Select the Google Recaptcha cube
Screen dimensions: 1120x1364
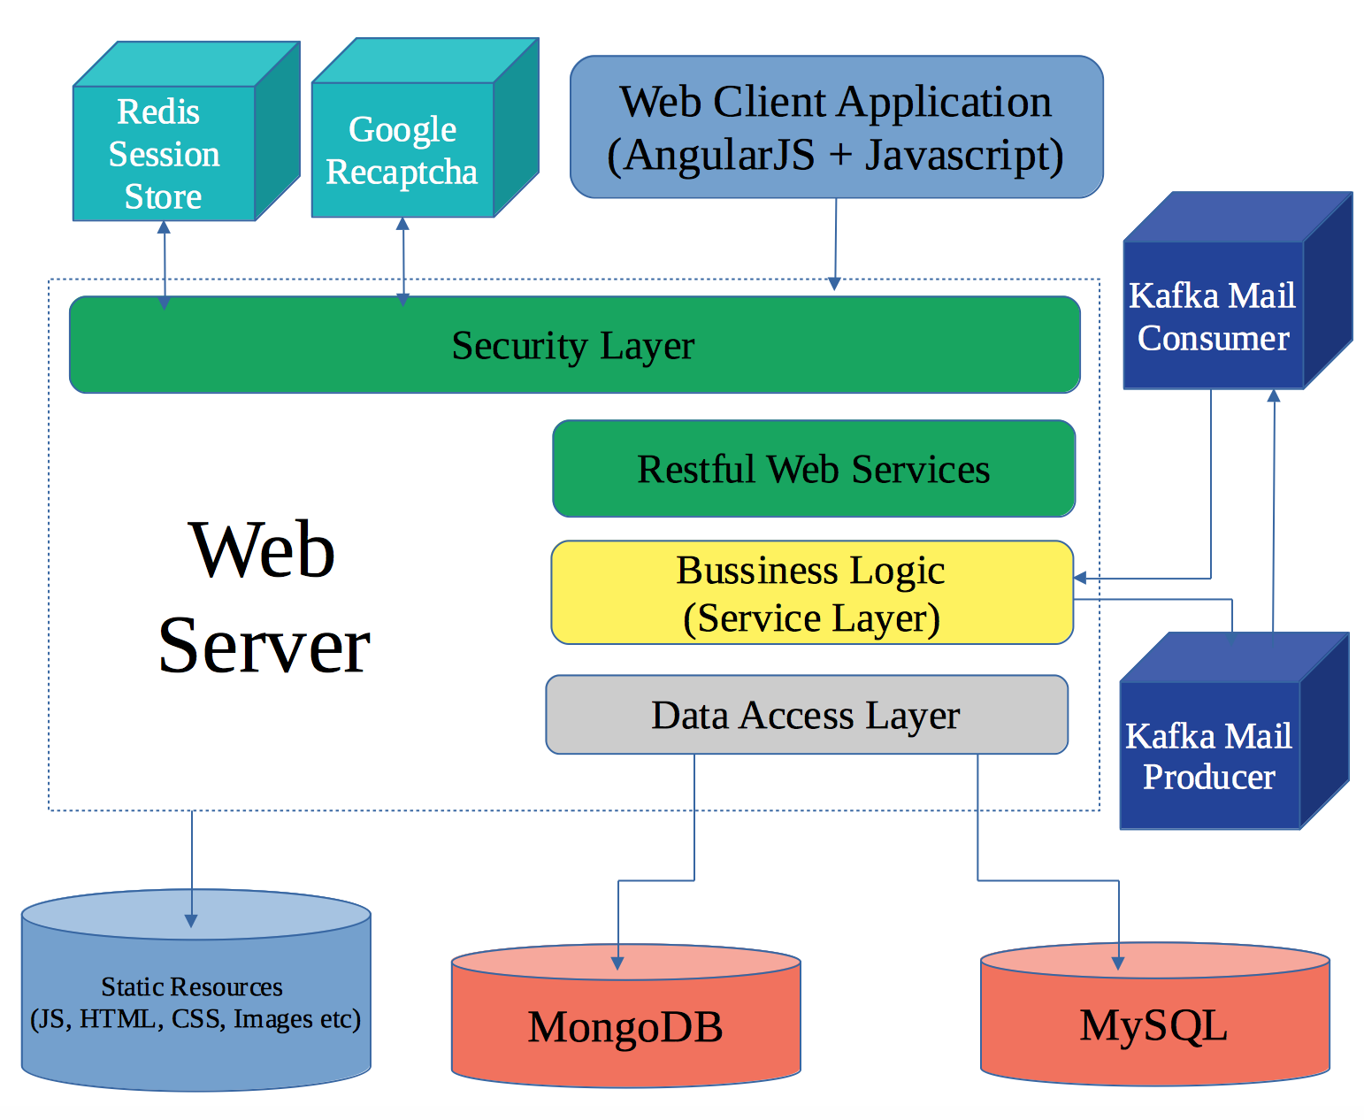[x=403, y=150]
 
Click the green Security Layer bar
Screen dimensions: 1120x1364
[x=574, y=345]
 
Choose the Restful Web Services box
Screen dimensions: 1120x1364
[x=813, y=469]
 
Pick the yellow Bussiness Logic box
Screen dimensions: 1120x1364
[x=811, y=593]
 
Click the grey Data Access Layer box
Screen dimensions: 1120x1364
[x=806, y=715]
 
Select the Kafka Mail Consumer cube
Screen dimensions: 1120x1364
[x=1213, y=316]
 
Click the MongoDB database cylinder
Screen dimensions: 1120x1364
[x=625, y=1026]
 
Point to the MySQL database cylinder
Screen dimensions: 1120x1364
[x=1153, y=1024]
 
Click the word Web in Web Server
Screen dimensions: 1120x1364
[x=262, y=550]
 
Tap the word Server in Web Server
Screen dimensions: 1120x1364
[x=264, y=646]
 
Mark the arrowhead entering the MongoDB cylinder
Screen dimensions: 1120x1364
[x=618, y=963]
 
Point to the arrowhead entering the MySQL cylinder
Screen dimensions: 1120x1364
[x=1118, y=963]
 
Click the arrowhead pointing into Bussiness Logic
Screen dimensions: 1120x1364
[x=1080, y=579]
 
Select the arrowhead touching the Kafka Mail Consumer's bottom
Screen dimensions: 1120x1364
[x=1274, y=395]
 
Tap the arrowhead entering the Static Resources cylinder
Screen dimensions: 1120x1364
[x=191, y=920]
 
